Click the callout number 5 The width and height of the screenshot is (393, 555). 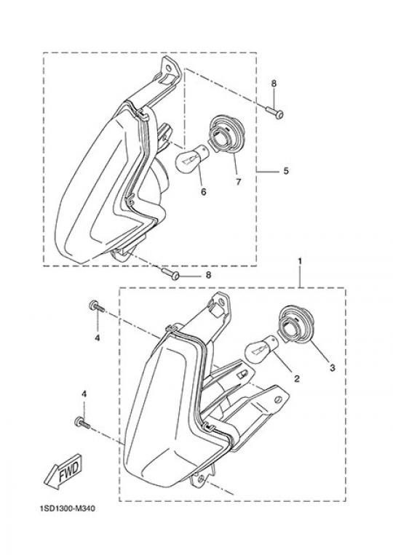(x=286, y=171)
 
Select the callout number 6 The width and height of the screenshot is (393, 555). (x=203, y=191)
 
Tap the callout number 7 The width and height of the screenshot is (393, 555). (x=238, y=182)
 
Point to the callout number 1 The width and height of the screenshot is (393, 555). (x=300, y=261)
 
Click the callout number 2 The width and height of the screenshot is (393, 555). (x=297, y=379)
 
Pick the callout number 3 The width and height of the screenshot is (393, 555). (x=332, y=368)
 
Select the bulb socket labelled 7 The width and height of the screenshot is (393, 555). (x=225, y=136)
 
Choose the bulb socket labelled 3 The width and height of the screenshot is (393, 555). (x=295, y=324)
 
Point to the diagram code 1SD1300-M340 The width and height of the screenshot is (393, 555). (x=68, y=509)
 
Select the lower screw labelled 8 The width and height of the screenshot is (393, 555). (x=170, y=274)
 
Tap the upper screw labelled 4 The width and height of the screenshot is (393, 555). (x=96, y=306)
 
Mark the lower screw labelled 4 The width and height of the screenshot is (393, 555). (x=82, y=423)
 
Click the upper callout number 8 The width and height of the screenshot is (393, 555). (x=274, y=84)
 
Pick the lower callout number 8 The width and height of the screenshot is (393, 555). (x=208, y=275)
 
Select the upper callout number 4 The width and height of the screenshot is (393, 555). (x=98, y=339)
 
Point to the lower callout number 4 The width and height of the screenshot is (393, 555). (x=84, y=394)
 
